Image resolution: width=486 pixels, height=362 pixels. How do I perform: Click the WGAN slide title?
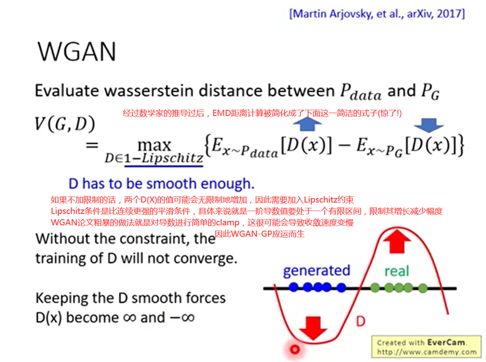[77, 52]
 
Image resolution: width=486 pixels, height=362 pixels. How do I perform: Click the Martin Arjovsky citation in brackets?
[377, 14]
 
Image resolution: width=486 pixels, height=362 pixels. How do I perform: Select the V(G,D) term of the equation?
[65, 124]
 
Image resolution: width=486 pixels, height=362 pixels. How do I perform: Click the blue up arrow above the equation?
[307, 125]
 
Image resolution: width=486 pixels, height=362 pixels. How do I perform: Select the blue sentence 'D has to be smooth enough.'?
[161, 183]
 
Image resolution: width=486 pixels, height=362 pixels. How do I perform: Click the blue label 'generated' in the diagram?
[317, 270]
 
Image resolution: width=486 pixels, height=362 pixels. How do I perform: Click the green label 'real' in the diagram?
[397, 271]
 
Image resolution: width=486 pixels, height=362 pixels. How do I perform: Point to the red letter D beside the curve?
[361, 321]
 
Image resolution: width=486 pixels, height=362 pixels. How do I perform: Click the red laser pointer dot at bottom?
[295, 350]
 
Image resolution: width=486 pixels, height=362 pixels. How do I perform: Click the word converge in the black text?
[209, 258]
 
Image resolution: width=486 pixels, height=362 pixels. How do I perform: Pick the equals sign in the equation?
[92, 145]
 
